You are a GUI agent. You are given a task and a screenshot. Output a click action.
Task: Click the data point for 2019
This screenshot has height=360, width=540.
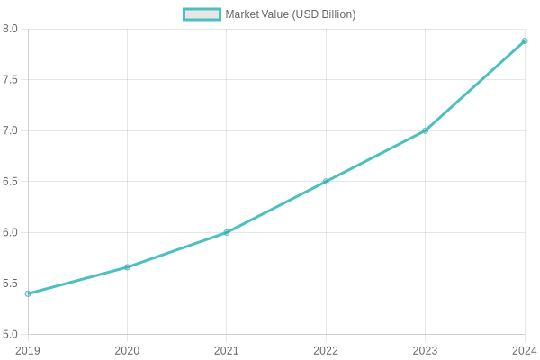[28, 293]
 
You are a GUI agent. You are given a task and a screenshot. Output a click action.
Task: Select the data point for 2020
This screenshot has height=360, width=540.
[127, 267]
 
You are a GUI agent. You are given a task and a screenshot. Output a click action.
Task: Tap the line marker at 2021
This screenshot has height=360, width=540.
[227, 232]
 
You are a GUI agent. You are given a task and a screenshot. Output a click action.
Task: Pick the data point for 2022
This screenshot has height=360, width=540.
[326, 182]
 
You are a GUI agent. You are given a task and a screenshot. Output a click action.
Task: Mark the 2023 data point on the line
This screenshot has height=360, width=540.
[426, 130]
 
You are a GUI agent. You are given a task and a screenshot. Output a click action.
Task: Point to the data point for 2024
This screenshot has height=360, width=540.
[525, 41]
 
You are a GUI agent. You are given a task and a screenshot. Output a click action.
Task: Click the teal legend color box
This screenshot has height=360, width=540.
[202, 14]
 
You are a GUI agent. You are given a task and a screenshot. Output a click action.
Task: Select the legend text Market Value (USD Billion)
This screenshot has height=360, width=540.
[290, 14]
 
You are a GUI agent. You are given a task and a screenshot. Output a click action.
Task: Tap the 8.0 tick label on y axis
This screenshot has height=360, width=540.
[11, 29]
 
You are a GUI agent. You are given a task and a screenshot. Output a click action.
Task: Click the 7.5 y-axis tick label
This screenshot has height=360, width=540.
[11, 80]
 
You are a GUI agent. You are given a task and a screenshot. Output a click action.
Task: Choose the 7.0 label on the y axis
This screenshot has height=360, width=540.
[11, 130]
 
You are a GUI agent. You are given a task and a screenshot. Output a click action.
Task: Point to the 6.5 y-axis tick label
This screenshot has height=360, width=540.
[11, 182]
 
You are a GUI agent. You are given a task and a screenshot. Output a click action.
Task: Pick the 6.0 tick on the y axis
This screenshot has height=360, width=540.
[11, 232]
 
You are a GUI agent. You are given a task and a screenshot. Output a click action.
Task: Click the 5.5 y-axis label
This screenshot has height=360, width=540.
[11, 283]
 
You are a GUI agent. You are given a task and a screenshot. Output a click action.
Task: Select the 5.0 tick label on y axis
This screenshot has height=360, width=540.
[11, 335]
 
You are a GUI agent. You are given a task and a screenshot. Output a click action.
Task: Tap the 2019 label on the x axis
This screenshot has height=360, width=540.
[28, 350]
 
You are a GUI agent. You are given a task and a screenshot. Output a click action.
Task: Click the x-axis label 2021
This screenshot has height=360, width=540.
[227, 350]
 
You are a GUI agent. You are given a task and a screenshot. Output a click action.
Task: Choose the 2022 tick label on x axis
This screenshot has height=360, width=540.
[326, 350]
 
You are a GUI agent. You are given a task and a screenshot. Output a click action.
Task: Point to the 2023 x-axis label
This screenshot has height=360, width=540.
[426, 350]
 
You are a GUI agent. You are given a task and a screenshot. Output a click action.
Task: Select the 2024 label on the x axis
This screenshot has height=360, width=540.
[524, 350]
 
